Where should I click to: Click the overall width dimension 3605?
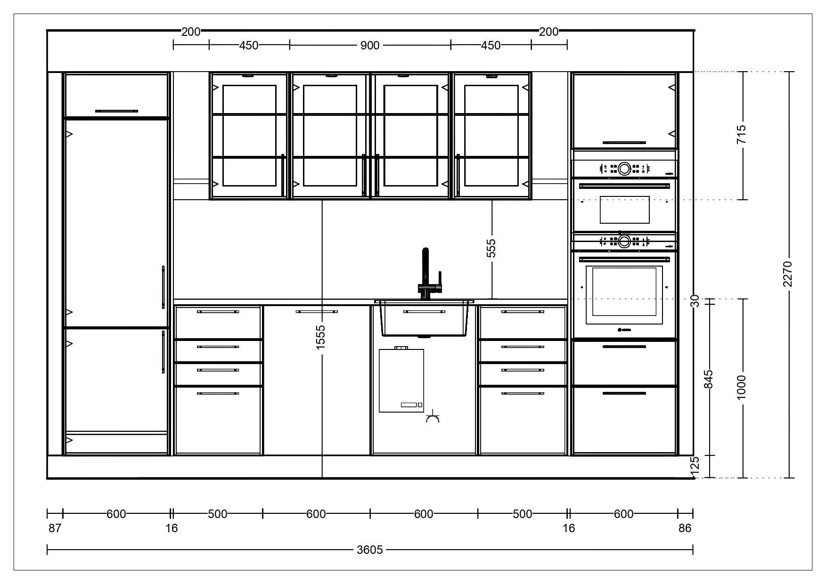(370, 550)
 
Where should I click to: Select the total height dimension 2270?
(787, 274)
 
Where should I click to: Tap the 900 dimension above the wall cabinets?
(370, 45)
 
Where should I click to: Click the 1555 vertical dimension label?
(321, 337)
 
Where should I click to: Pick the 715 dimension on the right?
(742, 135)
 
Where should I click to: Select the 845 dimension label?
(708, 380)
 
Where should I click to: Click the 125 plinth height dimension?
(694, 465)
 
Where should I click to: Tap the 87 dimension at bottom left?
(55, 528)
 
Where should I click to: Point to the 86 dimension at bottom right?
(685, 528)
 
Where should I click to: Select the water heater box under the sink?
(401, 381)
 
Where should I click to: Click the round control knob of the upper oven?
(624, 168)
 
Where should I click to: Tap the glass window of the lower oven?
(624, 292)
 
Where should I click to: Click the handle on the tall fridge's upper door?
(163, 287)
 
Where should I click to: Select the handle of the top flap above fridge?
(116, 111)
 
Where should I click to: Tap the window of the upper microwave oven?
(624, 210)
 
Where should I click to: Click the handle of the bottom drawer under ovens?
(624, 393)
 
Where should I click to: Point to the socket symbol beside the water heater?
(433, 419)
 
